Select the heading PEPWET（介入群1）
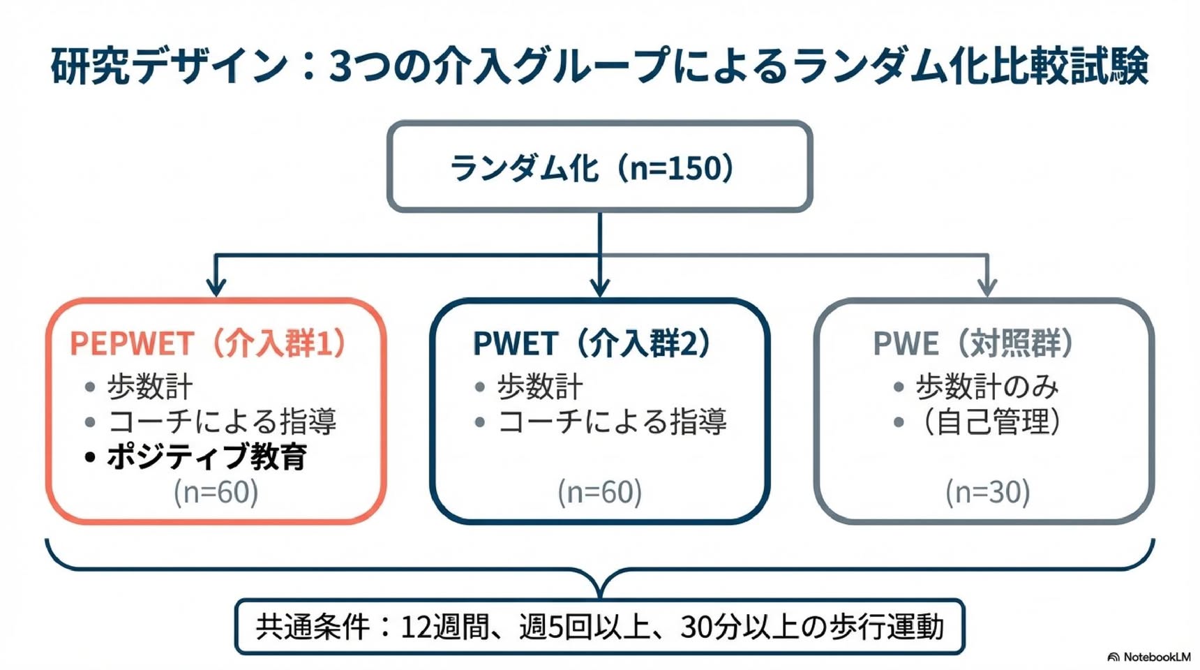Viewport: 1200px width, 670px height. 209,343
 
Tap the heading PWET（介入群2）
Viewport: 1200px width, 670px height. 592,343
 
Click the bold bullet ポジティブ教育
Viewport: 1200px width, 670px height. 207,457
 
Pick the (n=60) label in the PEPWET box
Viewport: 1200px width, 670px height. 216,492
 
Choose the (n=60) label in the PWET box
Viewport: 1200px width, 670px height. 600,492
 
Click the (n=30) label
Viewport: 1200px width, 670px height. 988,492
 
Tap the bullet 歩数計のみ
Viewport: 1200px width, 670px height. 987,386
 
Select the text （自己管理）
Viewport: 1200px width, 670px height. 991,422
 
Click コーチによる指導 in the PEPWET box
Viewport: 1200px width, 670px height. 223,422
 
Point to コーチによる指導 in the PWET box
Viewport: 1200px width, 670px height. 613,422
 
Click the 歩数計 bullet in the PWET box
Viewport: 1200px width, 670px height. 540,386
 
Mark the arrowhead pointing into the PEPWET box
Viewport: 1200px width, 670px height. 216,287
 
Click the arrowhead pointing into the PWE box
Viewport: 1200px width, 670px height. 987,287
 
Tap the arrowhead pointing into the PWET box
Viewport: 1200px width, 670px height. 600,287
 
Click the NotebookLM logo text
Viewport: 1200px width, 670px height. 1157,657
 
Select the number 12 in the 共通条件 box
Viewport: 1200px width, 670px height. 416,627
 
